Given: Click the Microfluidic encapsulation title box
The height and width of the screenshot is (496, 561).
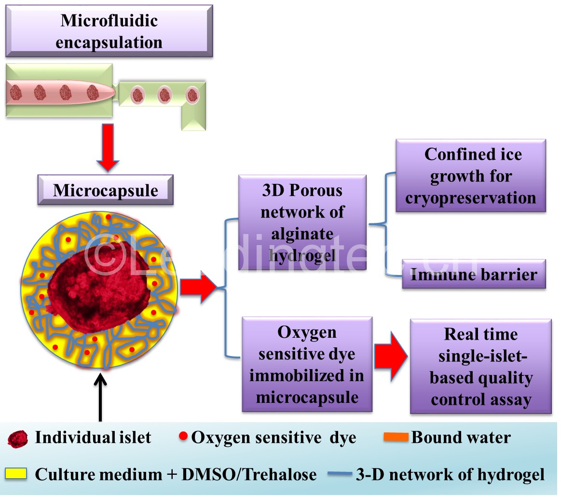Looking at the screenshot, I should [x=109, y=31].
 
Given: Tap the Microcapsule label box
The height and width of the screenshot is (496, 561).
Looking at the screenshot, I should [x=105, y=190].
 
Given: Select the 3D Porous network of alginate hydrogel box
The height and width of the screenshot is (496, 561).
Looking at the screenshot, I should [x=302, y=222].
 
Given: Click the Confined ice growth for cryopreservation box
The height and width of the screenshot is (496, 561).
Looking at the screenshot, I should [x=470, y=176].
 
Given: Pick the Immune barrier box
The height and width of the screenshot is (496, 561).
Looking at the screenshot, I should [x=474, y=275].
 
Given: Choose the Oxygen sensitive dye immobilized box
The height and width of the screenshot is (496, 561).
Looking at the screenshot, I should [x=307, y=364].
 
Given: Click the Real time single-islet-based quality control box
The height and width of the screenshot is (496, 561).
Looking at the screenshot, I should [x=480, y=367].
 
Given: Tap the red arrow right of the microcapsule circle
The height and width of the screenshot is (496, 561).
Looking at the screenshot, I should [x=198, y=287].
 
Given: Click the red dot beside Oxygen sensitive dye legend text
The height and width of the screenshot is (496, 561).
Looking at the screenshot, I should [x=183, y=437].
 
